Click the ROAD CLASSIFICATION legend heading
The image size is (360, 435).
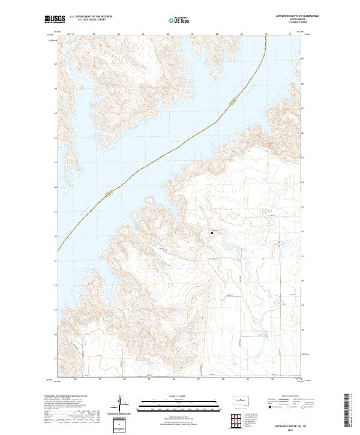point(283,397)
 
